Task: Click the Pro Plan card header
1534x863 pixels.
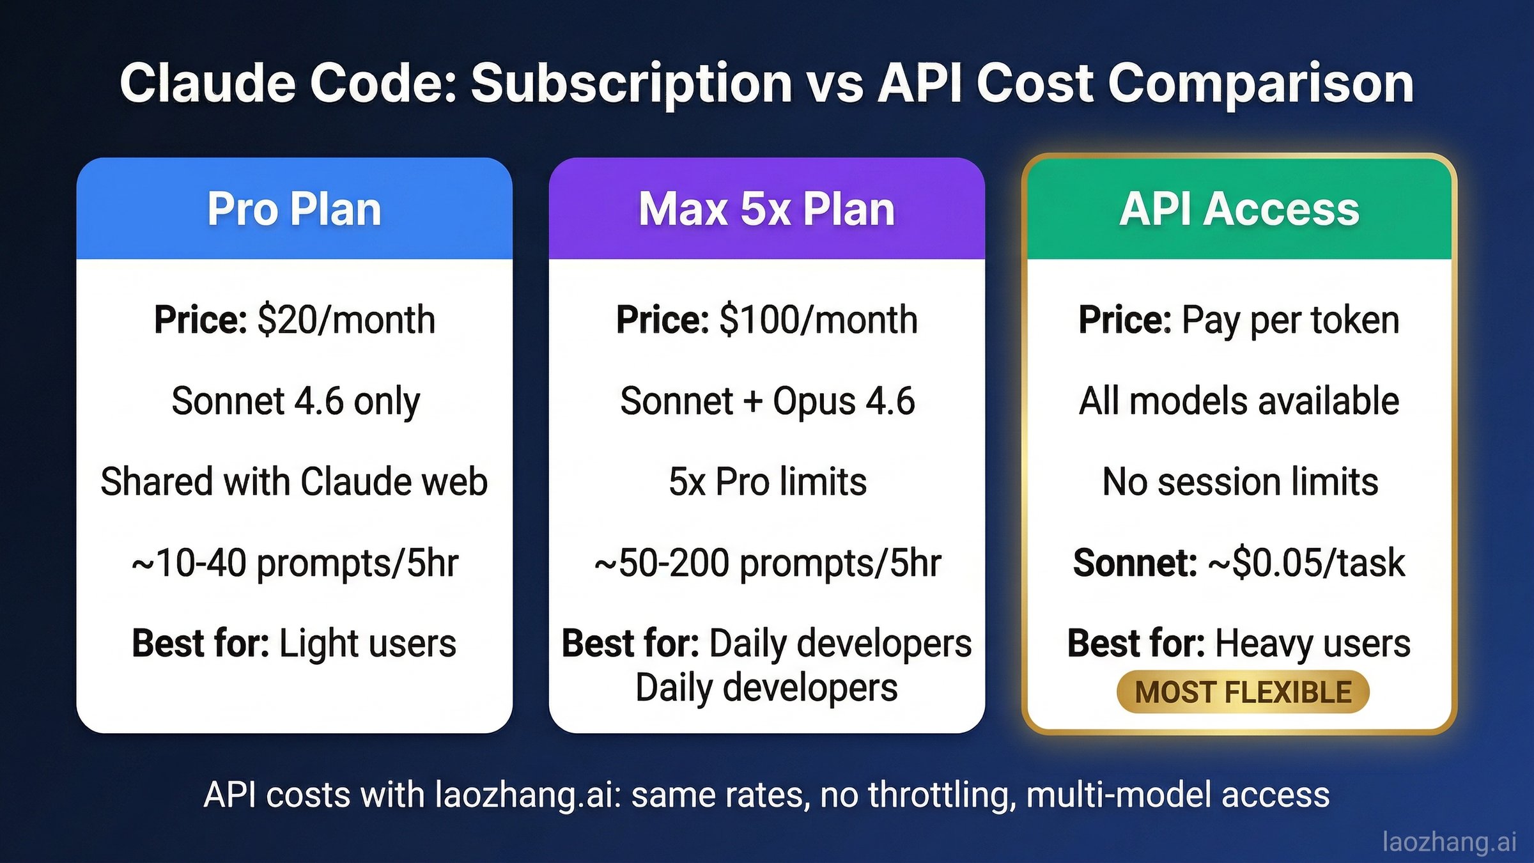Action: tap(294, 209)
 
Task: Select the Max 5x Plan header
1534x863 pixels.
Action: tap(766, 209)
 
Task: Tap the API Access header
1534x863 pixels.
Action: tap(1239, 209)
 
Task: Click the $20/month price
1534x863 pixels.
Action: tap(346, 320)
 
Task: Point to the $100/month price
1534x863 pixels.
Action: tap(818, 320)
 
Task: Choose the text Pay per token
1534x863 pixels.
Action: tap(1290, 320)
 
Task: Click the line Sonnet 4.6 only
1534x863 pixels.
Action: tap(295, 401)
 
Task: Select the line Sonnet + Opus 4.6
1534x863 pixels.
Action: tap(767, 401)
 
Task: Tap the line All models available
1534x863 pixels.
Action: tap(1239, 401)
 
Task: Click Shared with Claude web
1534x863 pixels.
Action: tap(294, 481)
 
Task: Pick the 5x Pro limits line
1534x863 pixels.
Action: tap(767, 481)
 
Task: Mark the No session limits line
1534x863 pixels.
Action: tap(1240, 481)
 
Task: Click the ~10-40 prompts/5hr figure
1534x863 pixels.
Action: tap(295, 563)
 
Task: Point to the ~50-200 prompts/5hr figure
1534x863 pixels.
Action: tap(767, 563)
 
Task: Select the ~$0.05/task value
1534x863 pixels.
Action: tap(1306, 563)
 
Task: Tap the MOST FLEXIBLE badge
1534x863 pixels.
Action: tap(1243, 692)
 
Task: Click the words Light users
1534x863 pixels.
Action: tap(368, 643)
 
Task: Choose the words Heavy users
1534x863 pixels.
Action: tap(1312, 643)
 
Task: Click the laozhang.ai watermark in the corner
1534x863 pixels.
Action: tap(1449, 841)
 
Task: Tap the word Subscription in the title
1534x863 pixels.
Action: tap(631, 83)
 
